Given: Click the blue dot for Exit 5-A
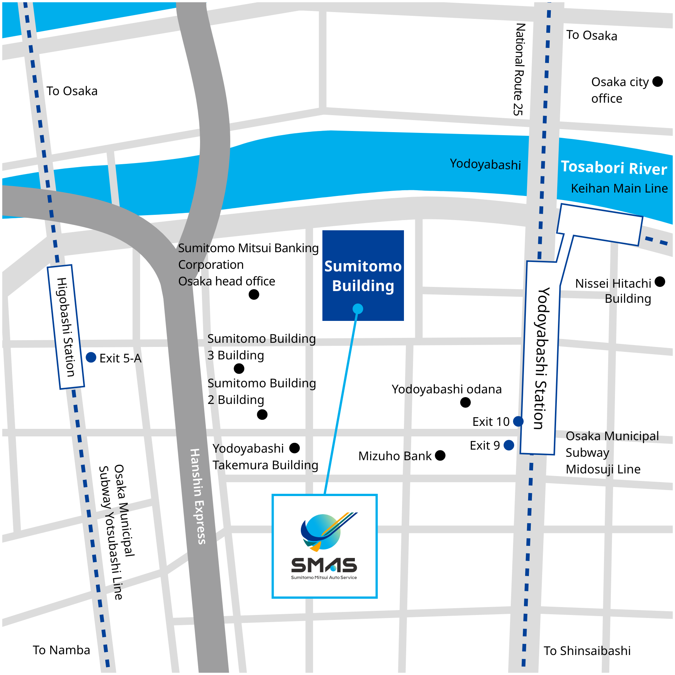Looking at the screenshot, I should (91, 357).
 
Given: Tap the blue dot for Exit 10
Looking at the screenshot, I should (518, 421).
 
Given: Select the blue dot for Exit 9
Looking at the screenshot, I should (509, 445).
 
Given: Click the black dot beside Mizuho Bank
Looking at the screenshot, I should (440, 455).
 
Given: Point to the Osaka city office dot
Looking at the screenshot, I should (658, 82).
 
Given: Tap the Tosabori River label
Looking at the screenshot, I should (614, 168).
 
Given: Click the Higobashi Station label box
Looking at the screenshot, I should (66, 327).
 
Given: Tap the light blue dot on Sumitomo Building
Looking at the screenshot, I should (358, 309).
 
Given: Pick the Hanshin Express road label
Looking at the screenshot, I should (197, 496).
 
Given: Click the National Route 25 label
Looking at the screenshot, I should (519, 69).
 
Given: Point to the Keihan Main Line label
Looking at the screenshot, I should (619, 188).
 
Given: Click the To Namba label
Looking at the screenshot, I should (62, 650).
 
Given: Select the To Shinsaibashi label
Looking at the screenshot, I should (587, 650).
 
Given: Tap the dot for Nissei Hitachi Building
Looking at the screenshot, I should (660, 282).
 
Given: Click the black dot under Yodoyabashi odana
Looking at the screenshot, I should (465, 402).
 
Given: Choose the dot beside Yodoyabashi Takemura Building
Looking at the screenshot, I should (294, 448).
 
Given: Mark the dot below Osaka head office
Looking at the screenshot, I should (254, 294).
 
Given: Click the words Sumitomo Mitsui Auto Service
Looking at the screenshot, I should (324, 577).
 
